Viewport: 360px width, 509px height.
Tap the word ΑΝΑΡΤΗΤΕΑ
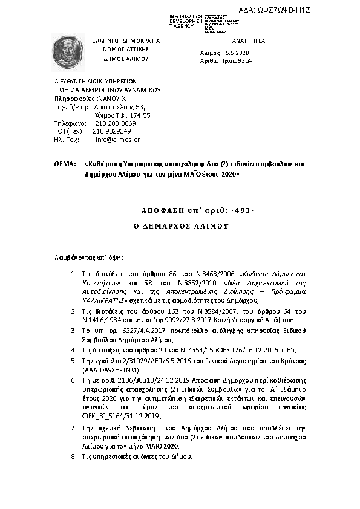click(249, 40)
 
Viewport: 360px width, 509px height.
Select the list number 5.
click(74, 360)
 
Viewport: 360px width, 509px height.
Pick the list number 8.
click(74, 458)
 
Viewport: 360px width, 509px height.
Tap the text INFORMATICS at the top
click(186, 15)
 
